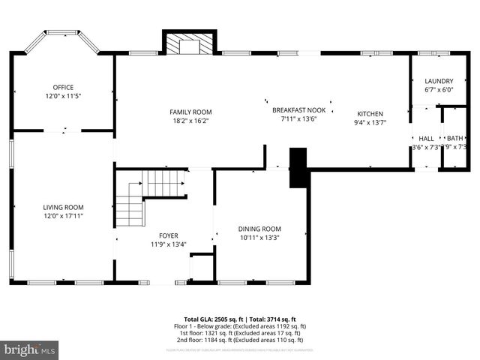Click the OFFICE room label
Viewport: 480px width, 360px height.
click(62, 87)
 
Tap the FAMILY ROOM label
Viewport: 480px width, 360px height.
click(190, 112)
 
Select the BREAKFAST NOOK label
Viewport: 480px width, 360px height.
click(298, 110)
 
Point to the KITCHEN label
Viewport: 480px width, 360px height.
click(370, 114)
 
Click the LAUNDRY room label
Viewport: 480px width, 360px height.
click(439, 81)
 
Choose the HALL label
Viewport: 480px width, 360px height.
click(426, 139)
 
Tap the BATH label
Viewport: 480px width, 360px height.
click(454, 139)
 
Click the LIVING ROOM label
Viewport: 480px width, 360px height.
click(62, 207)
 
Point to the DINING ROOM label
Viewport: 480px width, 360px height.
click(259, 229)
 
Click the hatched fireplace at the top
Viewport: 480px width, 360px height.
click(190, 45)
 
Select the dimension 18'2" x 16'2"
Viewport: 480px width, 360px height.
click(190, 120)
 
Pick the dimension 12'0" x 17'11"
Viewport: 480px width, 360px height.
click(62, 216)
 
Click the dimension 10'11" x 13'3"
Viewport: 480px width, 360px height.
click(259, 238)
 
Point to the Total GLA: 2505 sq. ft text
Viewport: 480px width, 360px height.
click(209, 319)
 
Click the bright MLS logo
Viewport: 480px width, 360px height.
click(30, 349)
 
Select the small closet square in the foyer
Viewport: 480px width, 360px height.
click(202, 267)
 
